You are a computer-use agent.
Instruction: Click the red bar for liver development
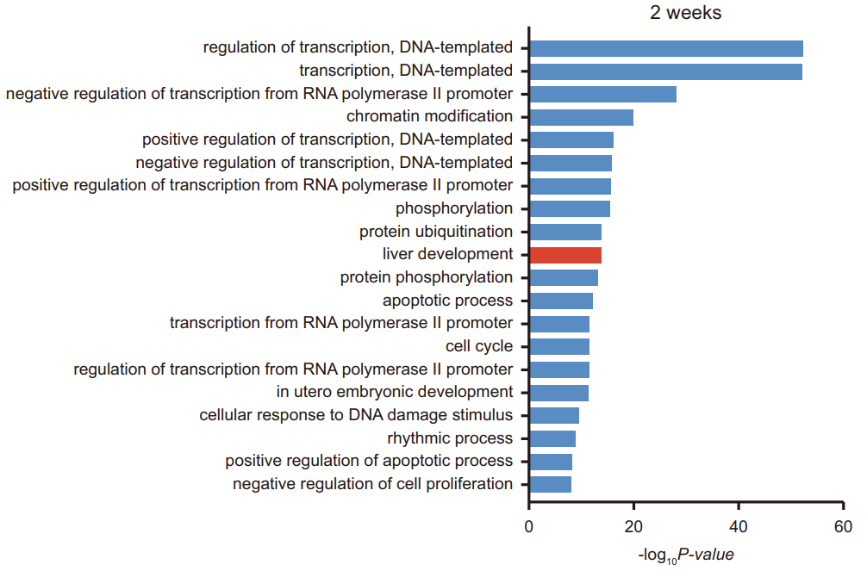click(565, 254)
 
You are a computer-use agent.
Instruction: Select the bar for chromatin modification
click(582, 116)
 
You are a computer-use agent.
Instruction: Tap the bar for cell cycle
click(559, 346)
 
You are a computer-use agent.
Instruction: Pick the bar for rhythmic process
click(552, 438)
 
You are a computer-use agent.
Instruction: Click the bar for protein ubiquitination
click(565, 232)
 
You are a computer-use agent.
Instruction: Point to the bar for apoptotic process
click(561, 301)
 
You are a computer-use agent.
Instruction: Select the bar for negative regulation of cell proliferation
click(551, 484)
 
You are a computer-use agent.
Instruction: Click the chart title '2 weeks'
click(685, 13)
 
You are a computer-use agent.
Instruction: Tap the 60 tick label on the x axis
click(843, 527)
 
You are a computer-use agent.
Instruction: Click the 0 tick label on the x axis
click(529, 527)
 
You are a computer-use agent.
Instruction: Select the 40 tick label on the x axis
click(739, 527)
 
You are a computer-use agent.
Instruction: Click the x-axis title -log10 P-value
click(686, 555)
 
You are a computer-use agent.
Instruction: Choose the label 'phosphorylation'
click(454, 208)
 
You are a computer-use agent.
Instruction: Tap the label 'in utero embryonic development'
click(395, 392)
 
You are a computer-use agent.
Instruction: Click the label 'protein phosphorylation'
click(427, 277)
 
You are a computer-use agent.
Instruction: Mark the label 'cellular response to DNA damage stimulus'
click(356, 415)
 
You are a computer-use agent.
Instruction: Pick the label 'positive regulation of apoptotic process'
click(369, 461)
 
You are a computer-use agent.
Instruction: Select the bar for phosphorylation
click(570, 208)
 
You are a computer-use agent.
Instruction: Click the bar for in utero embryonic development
click(559, 392)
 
